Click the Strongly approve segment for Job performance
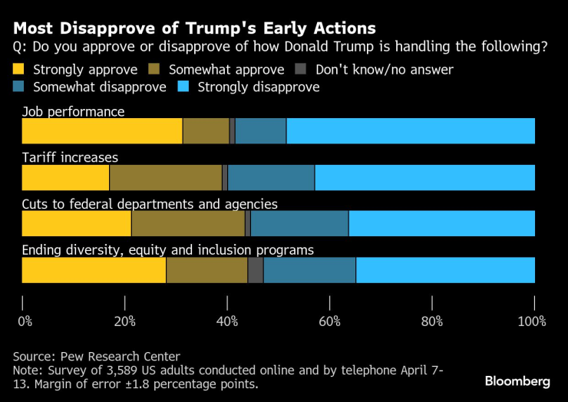[x=102, y=131]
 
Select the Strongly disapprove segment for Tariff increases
[x=424, y=178]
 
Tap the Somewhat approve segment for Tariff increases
[x=166, y=178]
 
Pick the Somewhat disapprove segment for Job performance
[x=260, y=131]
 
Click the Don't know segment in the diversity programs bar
[x=256, y=271]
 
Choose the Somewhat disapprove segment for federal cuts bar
[x=299, y=224]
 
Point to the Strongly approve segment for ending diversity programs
[x=94, y=271]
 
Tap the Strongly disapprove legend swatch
[x=185, y=87]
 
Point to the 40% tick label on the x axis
[x=228, y=320]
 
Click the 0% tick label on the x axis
[x=25, y=320]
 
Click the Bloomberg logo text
[x=517, y=381]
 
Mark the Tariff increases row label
[x=70, y=157]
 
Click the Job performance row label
[x=73, y=111]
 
